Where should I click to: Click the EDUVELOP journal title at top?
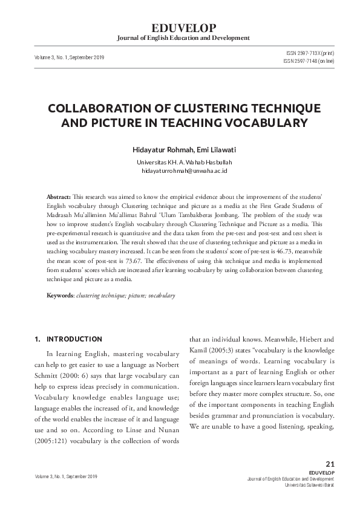tap(180, 28)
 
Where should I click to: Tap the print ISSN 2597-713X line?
tap(309, 53)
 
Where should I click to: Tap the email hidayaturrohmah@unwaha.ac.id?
tap(184, 171)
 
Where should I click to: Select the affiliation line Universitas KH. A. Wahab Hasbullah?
tap(184, 163)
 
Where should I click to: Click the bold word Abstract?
tap(58, 198)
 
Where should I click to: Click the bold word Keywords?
tap(60, 296)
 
